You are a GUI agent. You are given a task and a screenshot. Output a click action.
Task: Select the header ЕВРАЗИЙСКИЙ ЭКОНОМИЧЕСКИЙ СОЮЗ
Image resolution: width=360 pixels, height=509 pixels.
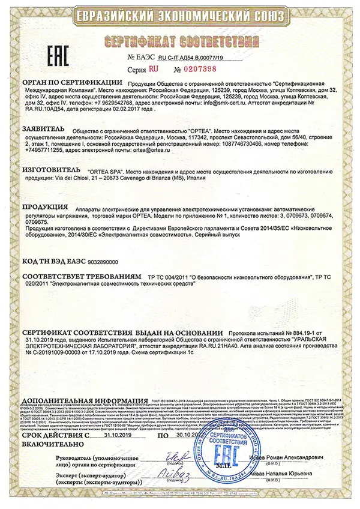pos(180,16)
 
